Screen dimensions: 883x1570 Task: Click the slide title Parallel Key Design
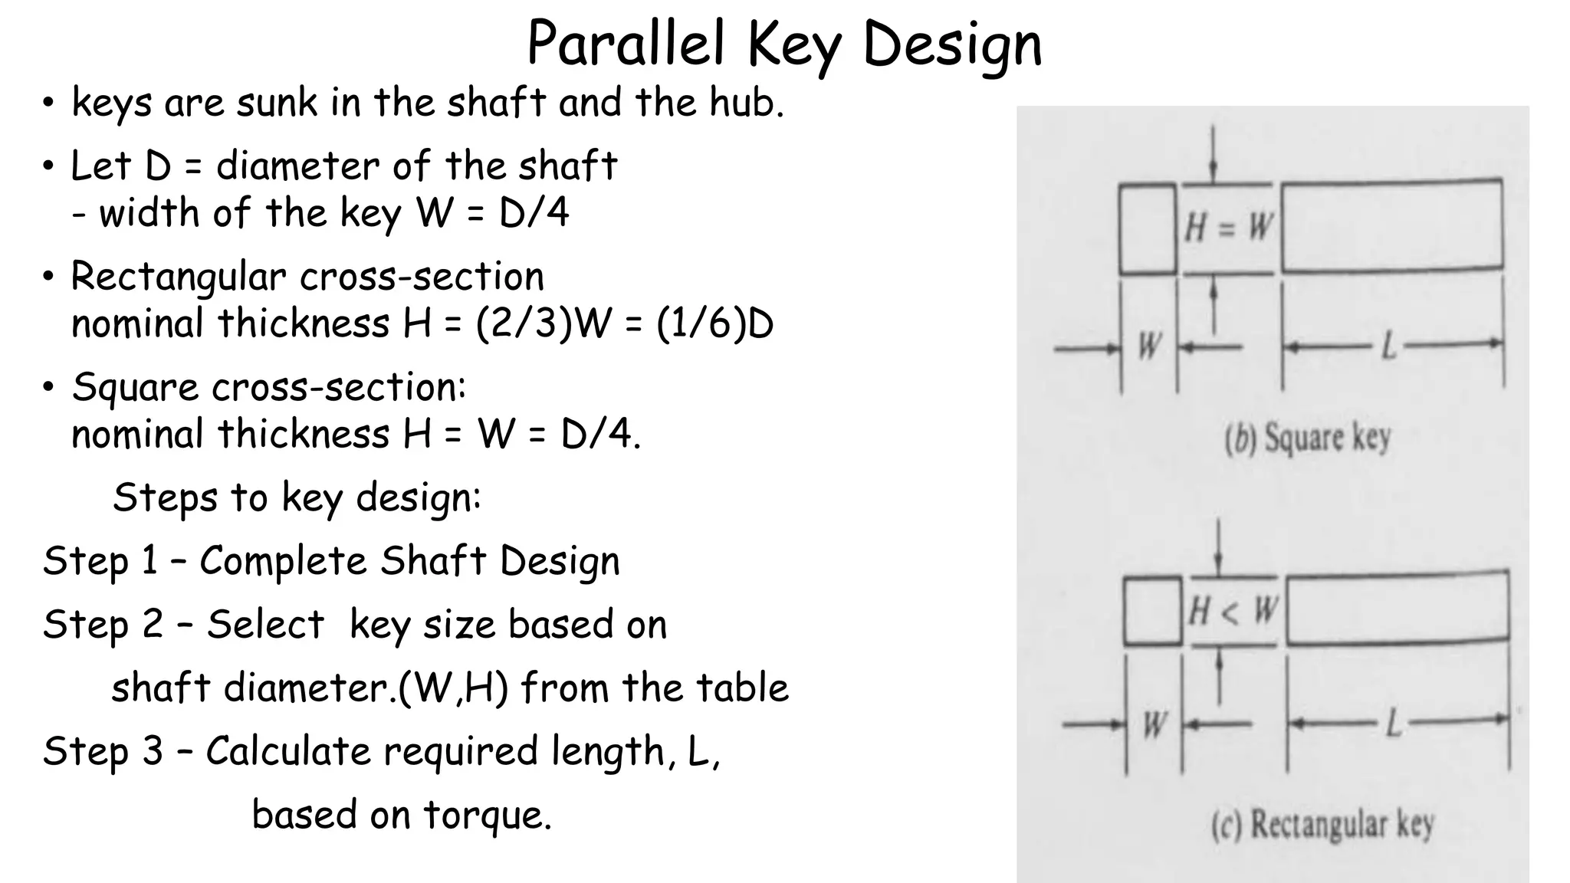(x=784, y=44)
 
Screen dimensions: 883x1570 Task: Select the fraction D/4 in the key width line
(x=534, y=213)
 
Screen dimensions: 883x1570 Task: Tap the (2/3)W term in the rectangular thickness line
(x=542, y=323)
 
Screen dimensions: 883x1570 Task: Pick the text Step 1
(x=100, y=560)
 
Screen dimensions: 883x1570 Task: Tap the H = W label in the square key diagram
(x=1228, y=228)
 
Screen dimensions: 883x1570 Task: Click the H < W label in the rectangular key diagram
(x=1233, y=612)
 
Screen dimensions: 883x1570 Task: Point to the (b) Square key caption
(x=1307, y=439)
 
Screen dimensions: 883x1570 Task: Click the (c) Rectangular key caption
(x=1322, y=826)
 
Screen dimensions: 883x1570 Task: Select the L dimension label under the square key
(x=1388, y=347)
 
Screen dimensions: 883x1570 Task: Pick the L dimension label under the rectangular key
(x=1393, y=722)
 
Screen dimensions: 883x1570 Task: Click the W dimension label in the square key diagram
(x=1148, y=346)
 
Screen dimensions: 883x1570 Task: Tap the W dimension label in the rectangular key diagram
(x=1154, y=724)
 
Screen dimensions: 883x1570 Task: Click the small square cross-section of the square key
(x=1147, y=228)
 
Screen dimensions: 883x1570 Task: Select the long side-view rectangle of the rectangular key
(x=1397, y=607)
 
